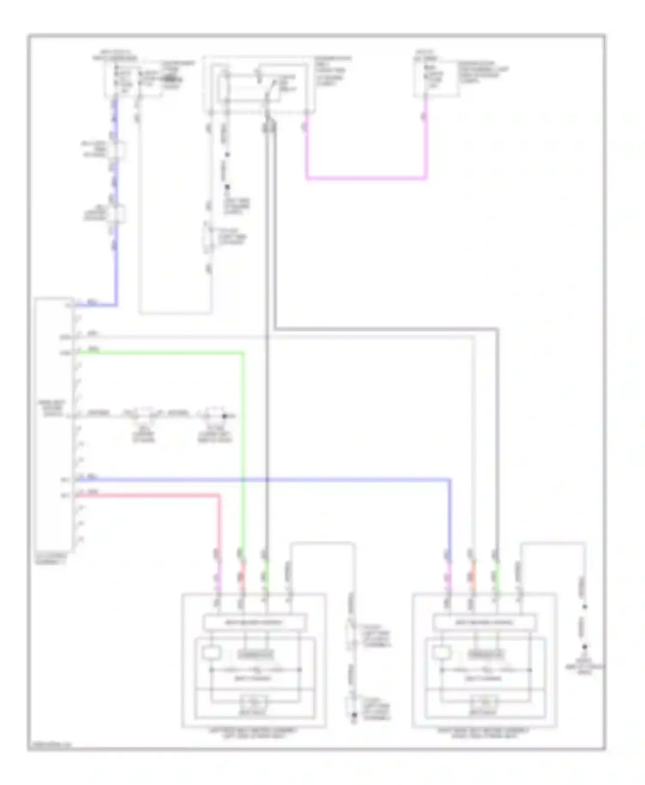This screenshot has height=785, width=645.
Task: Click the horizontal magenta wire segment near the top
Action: click(365, 177)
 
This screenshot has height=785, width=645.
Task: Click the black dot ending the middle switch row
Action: click(224, 416)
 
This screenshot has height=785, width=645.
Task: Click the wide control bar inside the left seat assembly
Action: click(255, 622)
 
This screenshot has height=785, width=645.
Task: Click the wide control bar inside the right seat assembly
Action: click(485, 622)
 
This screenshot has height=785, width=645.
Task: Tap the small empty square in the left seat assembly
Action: click(212, 653)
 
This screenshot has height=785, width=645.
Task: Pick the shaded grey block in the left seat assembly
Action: click(255, 654)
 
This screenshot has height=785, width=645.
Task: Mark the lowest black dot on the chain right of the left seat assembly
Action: click(354, 715)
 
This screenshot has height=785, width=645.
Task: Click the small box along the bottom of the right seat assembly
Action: click(485, 703)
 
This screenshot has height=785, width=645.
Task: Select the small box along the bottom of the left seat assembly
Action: click(254, 703)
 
